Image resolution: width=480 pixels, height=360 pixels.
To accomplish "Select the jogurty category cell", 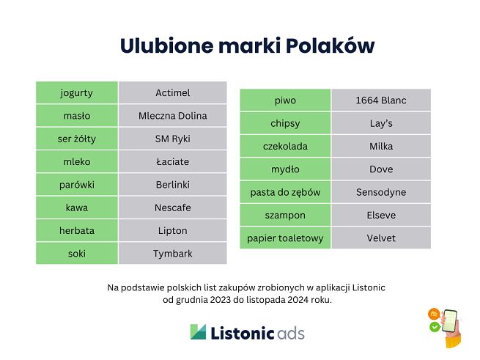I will (76, 92).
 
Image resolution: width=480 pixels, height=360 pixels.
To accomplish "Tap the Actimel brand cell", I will (172, 92).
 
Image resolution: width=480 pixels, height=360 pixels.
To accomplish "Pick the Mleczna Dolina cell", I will (172, 115).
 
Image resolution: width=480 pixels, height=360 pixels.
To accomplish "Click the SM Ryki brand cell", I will (172, 139).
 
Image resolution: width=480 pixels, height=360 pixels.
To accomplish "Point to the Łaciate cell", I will (172, 161).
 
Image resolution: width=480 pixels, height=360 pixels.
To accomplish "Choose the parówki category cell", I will (76, 184).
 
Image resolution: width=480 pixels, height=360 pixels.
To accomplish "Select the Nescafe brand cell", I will (172, 207).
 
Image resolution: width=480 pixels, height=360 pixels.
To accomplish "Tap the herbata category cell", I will (76, 230).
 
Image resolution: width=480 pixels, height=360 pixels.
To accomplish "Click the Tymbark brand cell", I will (172, 253).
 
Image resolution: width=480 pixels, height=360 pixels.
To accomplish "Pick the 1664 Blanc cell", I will (380, 100).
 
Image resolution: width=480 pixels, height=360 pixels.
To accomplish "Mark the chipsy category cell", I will (285, 123).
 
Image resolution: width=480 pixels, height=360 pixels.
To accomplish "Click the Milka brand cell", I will (380, 146).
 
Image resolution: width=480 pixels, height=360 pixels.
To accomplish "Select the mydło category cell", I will (285, 169).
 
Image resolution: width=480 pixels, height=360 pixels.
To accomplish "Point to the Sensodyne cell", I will (380, 192).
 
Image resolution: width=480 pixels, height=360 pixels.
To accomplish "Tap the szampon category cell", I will (285, 215).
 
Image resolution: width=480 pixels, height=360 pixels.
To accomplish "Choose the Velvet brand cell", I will (380, 238).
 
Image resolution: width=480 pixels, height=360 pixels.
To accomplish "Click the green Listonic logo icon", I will (198, 332).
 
